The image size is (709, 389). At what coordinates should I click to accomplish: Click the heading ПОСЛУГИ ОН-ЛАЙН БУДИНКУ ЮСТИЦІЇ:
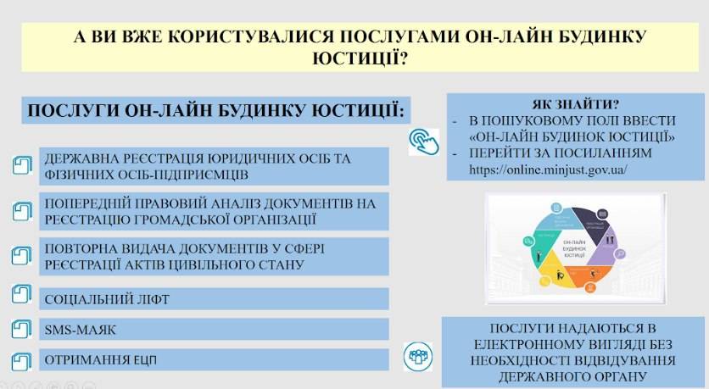click(215, 111)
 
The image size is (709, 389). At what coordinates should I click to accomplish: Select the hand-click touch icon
click(423, 141)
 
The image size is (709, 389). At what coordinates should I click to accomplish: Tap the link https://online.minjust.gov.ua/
click(548, 169)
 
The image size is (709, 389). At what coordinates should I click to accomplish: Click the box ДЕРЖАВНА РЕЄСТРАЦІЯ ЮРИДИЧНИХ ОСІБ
click(215, 166)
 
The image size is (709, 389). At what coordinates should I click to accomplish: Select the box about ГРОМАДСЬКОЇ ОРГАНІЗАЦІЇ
click(215, 211)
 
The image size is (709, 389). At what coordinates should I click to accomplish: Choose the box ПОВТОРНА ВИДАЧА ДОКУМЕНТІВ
click(215, 256)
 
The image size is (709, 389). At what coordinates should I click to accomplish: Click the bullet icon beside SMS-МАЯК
click(21, 327)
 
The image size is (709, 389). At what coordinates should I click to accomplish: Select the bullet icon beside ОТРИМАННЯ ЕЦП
click(21, 358)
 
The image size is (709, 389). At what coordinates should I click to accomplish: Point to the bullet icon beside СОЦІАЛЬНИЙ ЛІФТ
click(21, 296)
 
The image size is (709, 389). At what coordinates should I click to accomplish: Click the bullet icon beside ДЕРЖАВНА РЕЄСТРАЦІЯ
click(21, 165)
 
